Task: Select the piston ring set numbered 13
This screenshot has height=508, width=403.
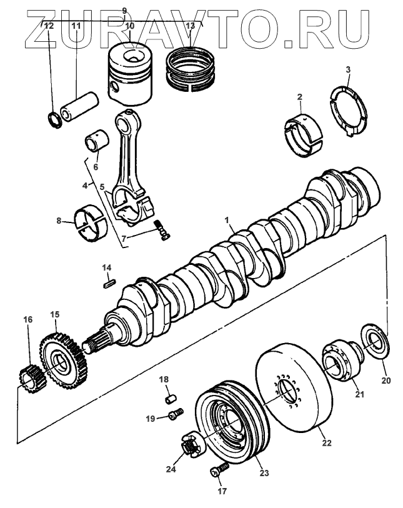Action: pyautogui.click(x=190, y=67)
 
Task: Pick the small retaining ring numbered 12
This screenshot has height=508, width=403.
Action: pyautogui.click(x=54, y=117)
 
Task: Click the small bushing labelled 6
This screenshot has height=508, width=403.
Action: pyautogui.click(x=97, y=141)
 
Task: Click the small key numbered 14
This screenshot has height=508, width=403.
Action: pyautogui.click(x=107, y=282)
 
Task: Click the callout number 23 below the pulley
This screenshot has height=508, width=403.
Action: pyautogui.click(x=264, y=473)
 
